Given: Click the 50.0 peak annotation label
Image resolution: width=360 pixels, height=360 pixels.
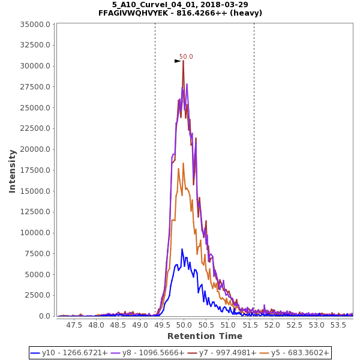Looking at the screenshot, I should tap(186, 57).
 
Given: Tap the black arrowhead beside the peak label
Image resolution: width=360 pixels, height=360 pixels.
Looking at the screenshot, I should tap(178, 61).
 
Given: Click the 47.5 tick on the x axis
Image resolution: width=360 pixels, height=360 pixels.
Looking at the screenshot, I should tap(74, 325).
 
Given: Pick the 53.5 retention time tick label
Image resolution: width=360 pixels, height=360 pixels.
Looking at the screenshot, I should tap(338, 325).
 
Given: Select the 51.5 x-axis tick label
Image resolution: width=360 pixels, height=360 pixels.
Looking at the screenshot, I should tap(250, 325).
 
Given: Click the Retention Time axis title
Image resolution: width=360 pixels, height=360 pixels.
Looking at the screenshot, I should tap(205, 336).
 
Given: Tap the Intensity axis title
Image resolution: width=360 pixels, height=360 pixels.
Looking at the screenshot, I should tap(12, 171).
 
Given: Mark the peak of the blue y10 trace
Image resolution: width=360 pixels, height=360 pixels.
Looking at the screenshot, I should tap(182, 249).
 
